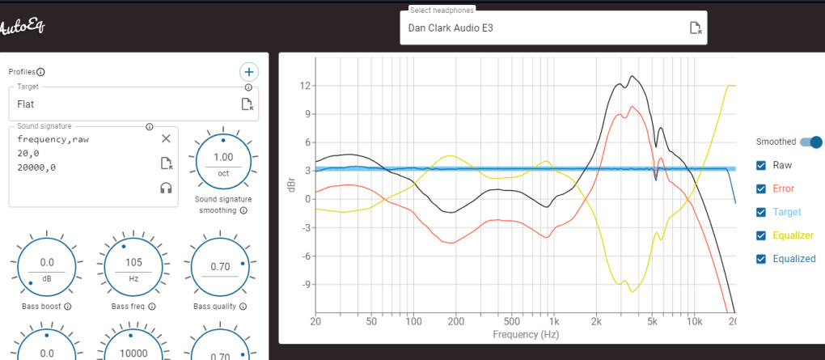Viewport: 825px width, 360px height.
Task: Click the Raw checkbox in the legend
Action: tap(761, 165)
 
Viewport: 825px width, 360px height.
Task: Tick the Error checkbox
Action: tap(761, 188)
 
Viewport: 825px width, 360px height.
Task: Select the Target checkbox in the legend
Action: tap(761, 212)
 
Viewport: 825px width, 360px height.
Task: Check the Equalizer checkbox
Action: tap(761, 235)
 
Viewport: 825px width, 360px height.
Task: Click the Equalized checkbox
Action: tap(761, 259)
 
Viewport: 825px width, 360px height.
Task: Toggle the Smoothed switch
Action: tap(810, 142)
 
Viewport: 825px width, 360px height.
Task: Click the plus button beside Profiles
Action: tap(249, 72)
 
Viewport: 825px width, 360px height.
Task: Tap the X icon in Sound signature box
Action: tap(166, 139)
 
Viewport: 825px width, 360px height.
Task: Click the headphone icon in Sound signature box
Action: tap(166, 188)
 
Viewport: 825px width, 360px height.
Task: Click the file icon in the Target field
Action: tap(247, 104)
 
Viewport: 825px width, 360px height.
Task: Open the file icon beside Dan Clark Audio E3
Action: tap(695, 28)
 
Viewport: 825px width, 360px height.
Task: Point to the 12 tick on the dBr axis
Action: tap(305, 85)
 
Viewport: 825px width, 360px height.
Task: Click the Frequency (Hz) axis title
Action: tap(525, 333)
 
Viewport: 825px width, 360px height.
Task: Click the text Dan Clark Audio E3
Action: tap(451, 28)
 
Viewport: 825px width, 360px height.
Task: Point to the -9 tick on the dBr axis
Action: tap(304, 285)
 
